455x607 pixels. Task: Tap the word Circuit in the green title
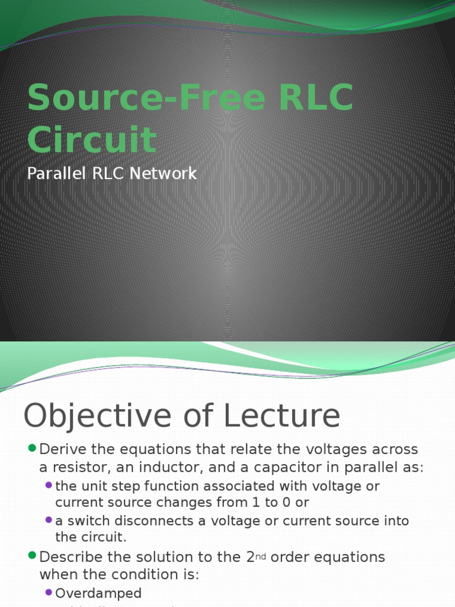tap(92, 140)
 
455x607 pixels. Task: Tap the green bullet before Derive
tap(32, 448)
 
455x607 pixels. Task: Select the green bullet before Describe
tap(32, 556)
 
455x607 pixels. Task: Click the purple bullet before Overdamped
tap(49, 592)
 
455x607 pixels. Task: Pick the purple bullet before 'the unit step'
tap(49, 485)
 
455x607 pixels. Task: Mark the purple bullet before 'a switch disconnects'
tap(49, 520)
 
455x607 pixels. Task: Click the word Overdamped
tap(98, 593)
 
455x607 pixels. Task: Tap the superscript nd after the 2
tap(261, 557)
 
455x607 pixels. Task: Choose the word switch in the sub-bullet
tap(85, 521)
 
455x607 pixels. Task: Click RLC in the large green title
tap(316, 98)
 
